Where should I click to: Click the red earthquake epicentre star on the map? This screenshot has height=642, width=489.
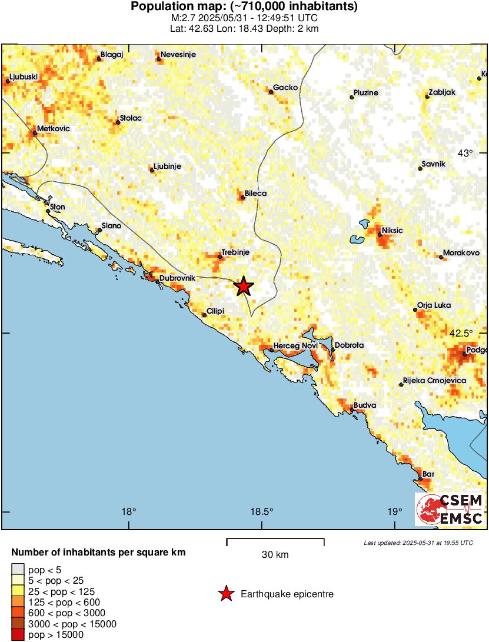(x=244, y=287)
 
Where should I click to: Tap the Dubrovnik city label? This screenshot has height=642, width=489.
(x=177, y=277)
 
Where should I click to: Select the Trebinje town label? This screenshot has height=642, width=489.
(x=236, y=252)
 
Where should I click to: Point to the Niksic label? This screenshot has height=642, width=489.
(x=392, y=230)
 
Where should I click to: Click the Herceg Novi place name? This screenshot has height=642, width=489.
(x=297, y=345)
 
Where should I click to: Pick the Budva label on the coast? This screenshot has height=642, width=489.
(x=364, y=406)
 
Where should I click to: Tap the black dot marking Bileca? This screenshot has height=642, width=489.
(x=242, y=198)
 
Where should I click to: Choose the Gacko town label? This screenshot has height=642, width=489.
(x=286, y=87)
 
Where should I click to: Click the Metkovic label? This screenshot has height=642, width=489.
(x=53, y=128)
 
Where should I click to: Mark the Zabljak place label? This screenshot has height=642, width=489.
(x=442, y=92)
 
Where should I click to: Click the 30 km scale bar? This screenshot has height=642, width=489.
(x=275, y=539)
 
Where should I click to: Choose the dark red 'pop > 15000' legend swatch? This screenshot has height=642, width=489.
(x=18, y=634)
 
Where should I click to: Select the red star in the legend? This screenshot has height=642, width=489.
(x=226, y=594)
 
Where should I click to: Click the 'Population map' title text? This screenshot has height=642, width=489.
(x=244, y=7)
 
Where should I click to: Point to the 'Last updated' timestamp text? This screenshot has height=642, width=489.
(x=418, y=543)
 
